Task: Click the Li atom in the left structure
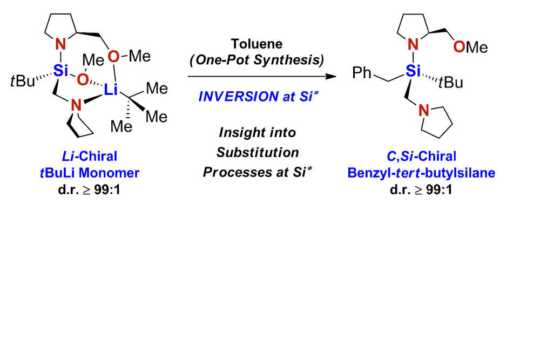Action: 110,92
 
